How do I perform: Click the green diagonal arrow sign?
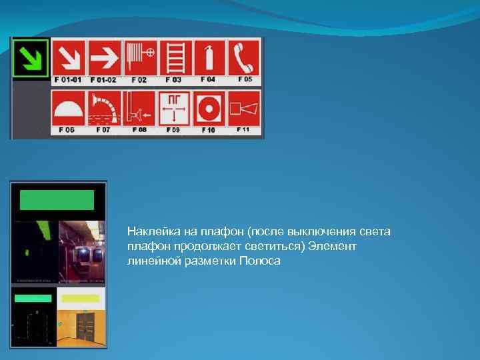[31, 58]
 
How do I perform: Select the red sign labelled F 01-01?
[69, 58]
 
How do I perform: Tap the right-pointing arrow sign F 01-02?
[104, 58]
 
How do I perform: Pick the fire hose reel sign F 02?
[140, 58]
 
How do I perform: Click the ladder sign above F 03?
[175, 58]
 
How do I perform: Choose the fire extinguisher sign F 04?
[209, 58]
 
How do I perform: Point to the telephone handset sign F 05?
[244, 58]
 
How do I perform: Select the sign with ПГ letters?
[175, 109]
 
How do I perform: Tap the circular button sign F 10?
[209, 109]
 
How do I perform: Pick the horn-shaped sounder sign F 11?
[244, 109]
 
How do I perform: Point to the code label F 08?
[139, 130]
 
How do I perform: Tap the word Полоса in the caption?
[265, 261]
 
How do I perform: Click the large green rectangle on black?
[57, 200]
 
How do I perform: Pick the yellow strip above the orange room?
[81, 298]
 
